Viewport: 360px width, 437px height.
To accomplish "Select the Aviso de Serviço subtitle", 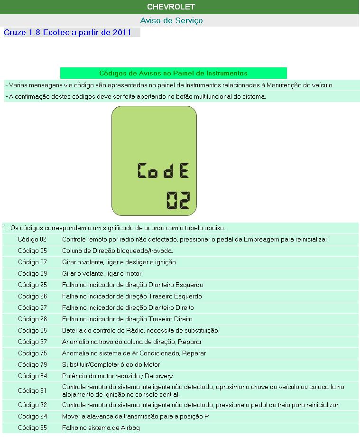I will tap(171, 21).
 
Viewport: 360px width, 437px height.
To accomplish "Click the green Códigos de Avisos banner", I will tap(173, 74).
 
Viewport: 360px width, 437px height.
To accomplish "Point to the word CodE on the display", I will tap(163, 170).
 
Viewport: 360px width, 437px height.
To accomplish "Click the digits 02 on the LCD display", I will tap(178, 200).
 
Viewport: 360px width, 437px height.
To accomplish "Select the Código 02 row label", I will tap(32, 240).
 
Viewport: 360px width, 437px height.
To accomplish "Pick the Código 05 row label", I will tap(32, 251).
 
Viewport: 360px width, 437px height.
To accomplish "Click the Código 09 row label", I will tap(32, 274).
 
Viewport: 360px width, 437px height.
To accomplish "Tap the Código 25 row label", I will tap(32, 285).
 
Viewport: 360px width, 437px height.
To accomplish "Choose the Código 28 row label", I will tap(32, 319).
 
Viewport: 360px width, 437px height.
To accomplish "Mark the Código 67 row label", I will tap(32, 342).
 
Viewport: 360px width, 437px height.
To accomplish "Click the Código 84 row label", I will tap(32, 376).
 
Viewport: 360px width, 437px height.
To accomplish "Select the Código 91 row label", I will tap(32, 391).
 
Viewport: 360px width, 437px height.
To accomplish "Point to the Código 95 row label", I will tap(32, 428).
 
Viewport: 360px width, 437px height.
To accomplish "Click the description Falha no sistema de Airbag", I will tap(101, 428).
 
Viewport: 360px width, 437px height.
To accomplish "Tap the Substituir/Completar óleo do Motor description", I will tap(111, 365).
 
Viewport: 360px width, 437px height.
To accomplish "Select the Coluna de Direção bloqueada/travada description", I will tap(117, 251).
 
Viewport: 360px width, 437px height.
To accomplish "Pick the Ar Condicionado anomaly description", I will tap(134, 353).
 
